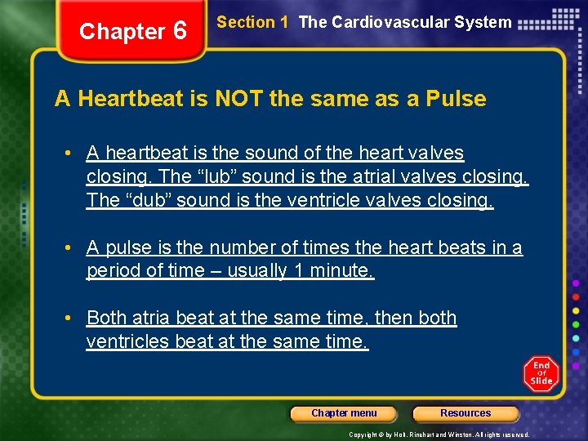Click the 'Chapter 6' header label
coord(133,32)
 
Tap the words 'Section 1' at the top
coord(252,23)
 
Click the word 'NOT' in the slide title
coord(239,100)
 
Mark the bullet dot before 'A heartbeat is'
coord(73,154)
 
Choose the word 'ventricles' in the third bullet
coord(127,341)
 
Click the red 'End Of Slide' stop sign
coord(541,373)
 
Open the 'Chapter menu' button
coord(344,413)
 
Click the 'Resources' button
coord(465,413)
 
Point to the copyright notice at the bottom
coord(439,434)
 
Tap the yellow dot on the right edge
coord(576,310)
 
